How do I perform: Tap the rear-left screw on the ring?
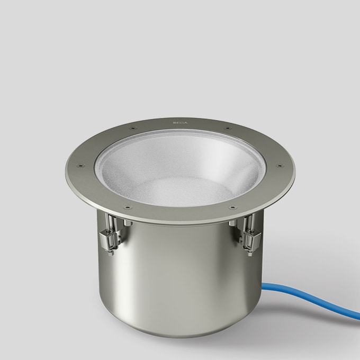coord(130,127)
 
